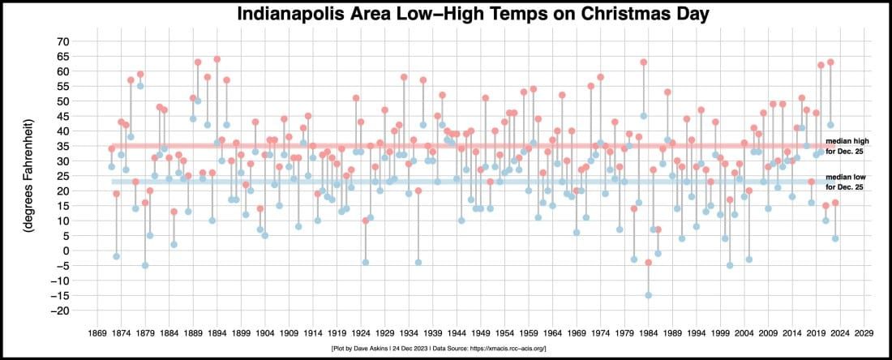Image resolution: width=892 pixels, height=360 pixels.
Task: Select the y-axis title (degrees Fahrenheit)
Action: (29, 175)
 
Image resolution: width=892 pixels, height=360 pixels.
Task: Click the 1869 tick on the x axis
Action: (96, 332)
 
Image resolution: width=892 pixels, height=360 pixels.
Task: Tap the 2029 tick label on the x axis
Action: (864, 332)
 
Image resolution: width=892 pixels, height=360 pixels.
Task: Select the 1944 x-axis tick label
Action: (457, 332)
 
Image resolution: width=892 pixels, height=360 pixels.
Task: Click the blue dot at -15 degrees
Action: (648, 295)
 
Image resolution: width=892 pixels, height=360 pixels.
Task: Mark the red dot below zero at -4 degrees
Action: (648, 263)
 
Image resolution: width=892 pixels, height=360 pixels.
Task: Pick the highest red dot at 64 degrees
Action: (217, 59)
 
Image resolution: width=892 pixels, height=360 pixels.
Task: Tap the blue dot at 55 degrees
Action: (140, 86)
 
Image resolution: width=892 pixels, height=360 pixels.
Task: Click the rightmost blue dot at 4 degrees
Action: (835, 238)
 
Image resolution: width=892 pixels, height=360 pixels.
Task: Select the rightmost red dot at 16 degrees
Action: (835, 203)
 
